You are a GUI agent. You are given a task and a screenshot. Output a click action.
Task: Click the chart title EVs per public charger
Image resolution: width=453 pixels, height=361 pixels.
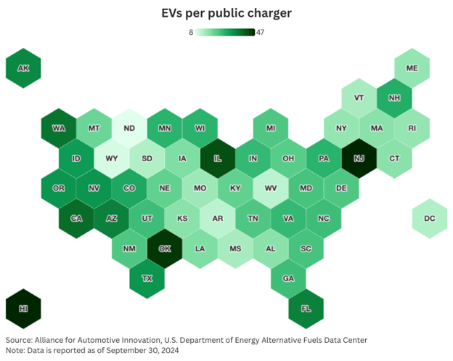pos(226,14)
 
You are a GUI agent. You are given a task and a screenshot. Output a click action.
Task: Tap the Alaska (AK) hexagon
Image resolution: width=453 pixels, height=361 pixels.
pos(23,68)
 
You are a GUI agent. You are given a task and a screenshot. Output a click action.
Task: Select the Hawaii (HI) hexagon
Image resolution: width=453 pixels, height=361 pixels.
pos(23,308)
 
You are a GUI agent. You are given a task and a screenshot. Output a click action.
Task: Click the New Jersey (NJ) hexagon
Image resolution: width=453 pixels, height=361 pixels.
pos(359,158)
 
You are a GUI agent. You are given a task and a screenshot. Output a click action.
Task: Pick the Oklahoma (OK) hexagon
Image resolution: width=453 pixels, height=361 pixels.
pos(164,248)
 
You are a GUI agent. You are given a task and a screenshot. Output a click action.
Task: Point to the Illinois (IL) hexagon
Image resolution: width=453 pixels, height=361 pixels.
pos(217,158)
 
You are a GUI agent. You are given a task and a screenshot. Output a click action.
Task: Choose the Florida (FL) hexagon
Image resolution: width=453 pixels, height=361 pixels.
pos(306,308)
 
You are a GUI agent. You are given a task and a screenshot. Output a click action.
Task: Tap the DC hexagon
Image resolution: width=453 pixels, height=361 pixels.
pos(429,218)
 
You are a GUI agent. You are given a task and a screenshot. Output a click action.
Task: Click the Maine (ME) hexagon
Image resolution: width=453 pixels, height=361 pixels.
pos(412,68)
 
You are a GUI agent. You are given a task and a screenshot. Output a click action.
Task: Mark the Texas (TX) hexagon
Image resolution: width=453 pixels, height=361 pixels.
pos(147,278)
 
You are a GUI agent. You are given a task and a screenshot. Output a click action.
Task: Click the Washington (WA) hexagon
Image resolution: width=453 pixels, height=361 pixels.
pos(58,128)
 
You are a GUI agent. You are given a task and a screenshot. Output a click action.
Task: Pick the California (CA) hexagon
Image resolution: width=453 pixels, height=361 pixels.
pos(75,218)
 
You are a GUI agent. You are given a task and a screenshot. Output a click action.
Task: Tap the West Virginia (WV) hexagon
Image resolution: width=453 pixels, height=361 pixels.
pos(270,188)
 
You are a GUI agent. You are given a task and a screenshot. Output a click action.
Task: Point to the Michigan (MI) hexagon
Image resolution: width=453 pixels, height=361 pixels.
pos(270,128)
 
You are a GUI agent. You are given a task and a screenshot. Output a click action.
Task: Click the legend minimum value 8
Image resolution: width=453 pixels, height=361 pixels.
pos(192,32)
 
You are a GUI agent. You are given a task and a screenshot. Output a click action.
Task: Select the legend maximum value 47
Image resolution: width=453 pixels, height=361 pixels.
pos(260,32)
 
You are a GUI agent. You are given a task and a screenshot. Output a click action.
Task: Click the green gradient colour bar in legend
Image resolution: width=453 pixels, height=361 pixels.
pos(225,32)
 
